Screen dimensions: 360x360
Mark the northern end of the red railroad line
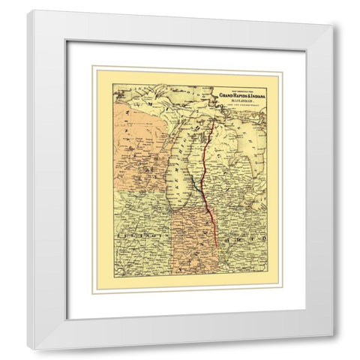(x=214, y=120)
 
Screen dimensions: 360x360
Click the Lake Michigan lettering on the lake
(x=180, y=172)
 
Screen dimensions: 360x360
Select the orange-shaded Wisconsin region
(x=142, y=150)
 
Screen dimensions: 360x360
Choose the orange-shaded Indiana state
(x=195, y=247)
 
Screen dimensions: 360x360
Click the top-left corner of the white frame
(x=29, y=10)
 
